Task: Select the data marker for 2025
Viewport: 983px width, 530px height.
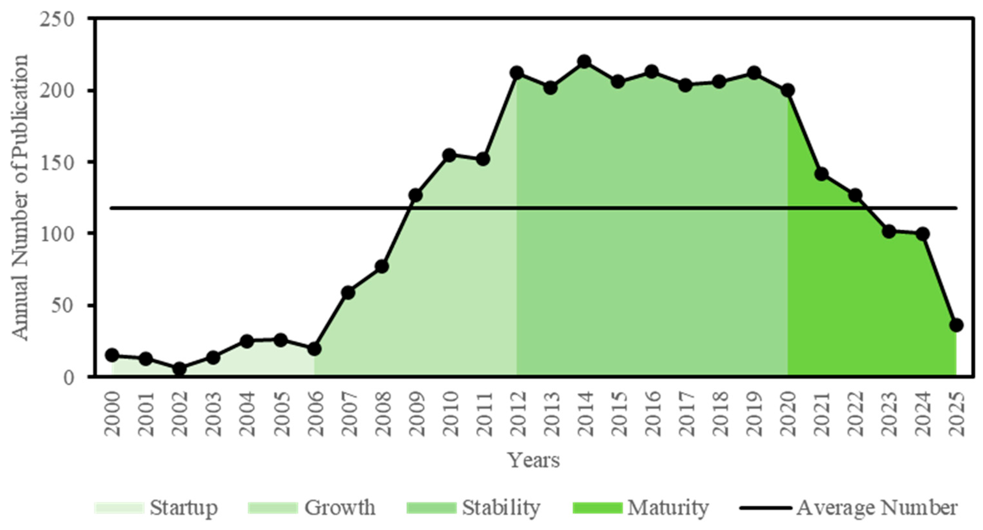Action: (956, 325)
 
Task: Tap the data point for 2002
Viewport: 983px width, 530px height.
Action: (179, 369)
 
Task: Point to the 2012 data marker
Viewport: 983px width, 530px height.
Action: (517, 73)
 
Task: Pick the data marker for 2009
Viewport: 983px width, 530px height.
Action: (415, 195)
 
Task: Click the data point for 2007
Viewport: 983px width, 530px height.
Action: (348, 293)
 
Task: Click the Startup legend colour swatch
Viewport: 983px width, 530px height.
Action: (119, 508)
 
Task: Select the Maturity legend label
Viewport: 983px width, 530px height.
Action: (668, 508)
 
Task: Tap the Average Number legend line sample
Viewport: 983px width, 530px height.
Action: (765, 508)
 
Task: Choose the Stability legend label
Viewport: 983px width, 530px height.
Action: (501, 508)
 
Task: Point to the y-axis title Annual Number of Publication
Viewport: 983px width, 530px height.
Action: (20, 197)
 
